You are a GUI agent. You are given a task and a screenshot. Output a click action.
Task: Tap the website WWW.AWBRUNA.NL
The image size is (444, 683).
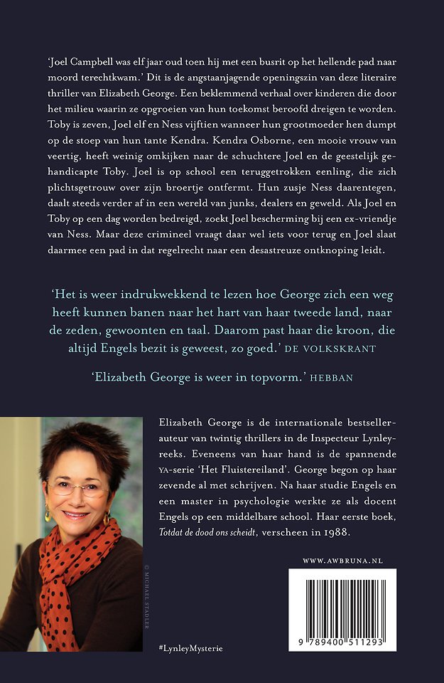[x=342, y=561]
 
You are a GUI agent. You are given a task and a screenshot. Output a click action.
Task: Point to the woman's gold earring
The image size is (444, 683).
[x=48, y=514]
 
